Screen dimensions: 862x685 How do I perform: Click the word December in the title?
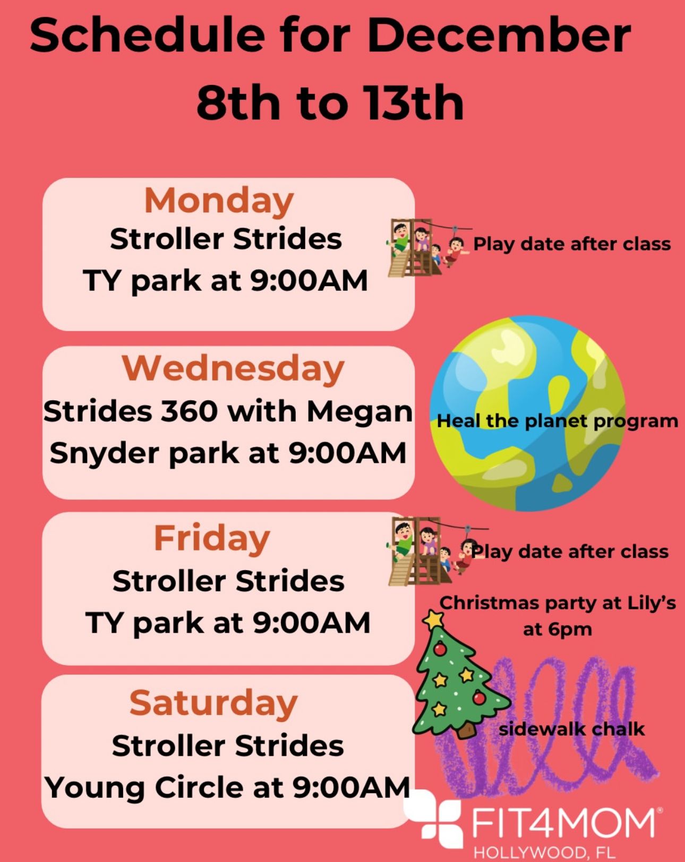coord(498,36)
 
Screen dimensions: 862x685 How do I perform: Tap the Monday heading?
coord(219,201)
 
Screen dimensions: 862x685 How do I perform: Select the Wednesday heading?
coord(233,368)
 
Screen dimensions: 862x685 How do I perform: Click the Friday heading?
coord(212,538)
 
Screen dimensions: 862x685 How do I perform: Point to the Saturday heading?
coord(213,703)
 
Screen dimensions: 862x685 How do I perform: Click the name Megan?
coord(359,411)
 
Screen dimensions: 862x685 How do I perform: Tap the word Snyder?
coord(104,454)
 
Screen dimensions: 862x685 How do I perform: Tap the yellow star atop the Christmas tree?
coord(435,619)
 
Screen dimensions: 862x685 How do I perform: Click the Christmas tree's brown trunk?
coord(466,730)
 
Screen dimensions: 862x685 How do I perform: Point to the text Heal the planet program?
coord(557,421)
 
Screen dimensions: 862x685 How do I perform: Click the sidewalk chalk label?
coord(571,729)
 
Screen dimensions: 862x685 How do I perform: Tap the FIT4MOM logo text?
coord(563,824)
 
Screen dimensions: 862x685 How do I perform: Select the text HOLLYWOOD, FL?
coord(544,853)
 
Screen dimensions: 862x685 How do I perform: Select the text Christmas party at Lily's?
coord(558,603)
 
